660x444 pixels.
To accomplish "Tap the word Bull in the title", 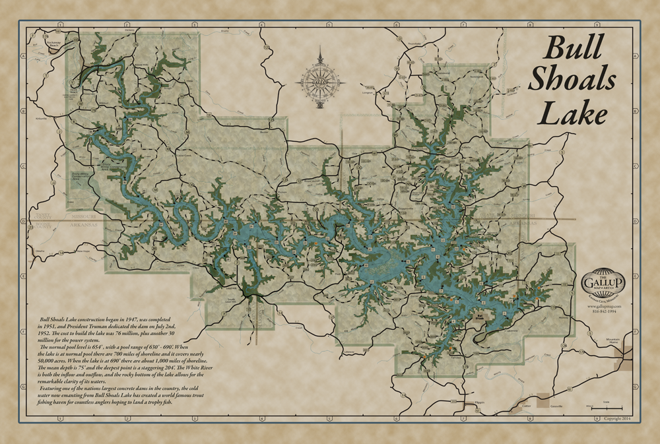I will click(572, 49).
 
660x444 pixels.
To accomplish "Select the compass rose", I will click(321, 82).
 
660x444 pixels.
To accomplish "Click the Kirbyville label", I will click(41, 119).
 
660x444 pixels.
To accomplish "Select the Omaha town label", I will click(39, 251).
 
